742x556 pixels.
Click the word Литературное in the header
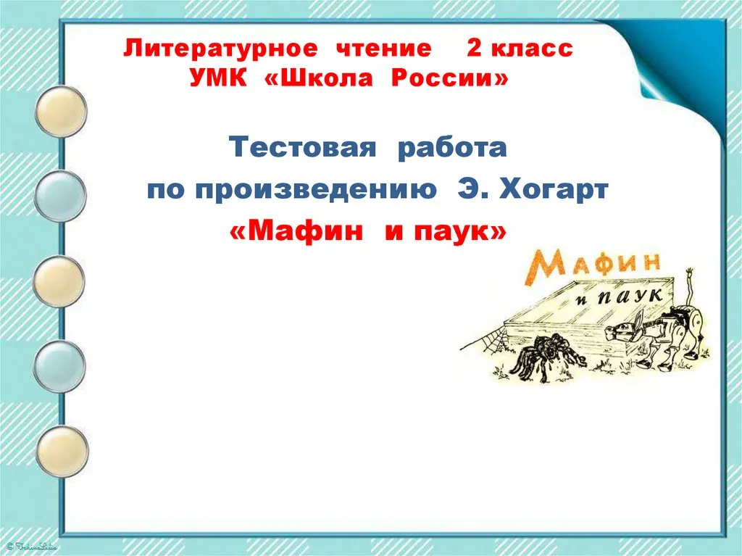220,49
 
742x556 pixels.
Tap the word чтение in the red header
383,49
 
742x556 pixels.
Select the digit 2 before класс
474,49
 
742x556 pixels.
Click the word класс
532,49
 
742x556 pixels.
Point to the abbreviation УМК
218,78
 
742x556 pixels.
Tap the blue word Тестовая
302,147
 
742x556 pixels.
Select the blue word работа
452,148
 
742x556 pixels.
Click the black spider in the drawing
549,354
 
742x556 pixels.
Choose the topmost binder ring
61,111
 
